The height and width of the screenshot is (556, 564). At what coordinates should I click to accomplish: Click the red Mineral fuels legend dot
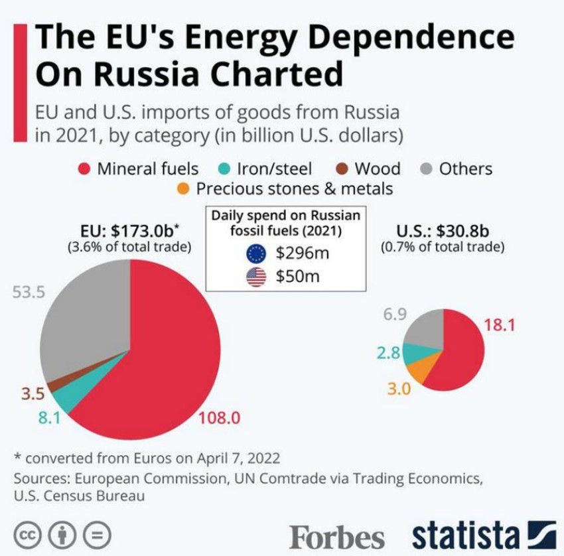[x=84, y=169]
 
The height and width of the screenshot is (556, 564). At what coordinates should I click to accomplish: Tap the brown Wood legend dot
[x=340, y=169]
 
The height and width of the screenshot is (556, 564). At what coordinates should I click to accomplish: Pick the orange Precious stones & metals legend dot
[x=182, y=189]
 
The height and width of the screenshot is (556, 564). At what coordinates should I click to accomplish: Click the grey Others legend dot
[x=427, y=169]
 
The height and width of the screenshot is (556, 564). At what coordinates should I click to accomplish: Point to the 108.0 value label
[x=218, y=418]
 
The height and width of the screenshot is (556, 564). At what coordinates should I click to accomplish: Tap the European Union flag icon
[x=255, y=253]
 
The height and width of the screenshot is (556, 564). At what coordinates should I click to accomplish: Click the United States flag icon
[x=255, y=277]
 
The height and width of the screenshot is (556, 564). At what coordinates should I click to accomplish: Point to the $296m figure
[x=303, y=253]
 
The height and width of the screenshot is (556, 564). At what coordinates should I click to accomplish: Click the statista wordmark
[x=464, y=535]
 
